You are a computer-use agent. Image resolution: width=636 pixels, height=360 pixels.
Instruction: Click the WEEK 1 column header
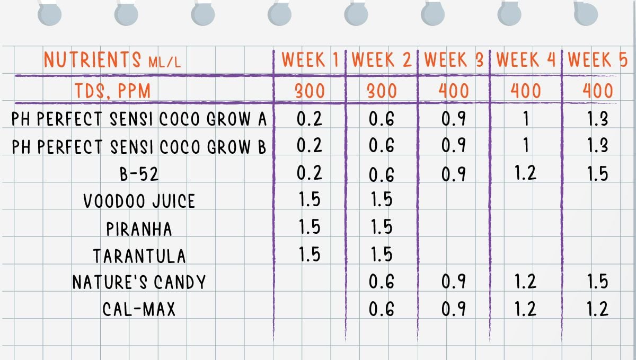310,60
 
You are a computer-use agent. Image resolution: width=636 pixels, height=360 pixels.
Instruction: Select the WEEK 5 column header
598,60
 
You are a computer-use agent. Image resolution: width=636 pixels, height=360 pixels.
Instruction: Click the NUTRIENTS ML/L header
112,60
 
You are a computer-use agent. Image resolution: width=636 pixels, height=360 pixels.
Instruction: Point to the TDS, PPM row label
112,91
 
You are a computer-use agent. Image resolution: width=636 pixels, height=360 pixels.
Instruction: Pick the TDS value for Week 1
310,91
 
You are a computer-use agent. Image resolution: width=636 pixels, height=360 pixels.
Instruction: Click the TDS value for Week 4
526,91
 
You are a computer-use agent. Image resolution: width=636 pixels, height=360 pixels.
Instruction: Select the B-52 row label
139,174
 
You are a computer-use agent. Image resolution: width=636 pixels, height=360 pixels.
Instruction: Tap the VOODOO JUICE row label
139,201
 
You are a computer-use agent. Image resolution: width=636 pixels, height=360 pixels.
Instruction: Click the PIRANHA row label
139,229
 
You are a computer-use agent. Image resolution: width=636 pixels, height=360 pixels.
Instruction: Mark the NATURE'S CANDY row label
139,283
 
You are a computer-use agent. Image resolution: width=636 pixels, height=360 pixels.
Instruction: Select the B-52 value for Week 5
597,174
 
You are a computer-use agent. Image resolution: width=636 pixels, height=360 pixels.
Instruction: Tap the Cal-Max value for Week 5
597,309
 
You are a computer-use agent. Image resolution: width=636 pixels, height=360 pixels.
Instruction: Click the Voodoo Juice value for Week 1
310,200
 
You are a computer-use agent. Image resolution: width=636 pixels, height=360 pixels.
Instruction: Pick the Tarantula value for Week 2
382,255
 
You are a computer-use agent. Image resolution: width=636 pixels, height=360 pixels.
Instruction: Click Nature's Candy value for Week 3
454,282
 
